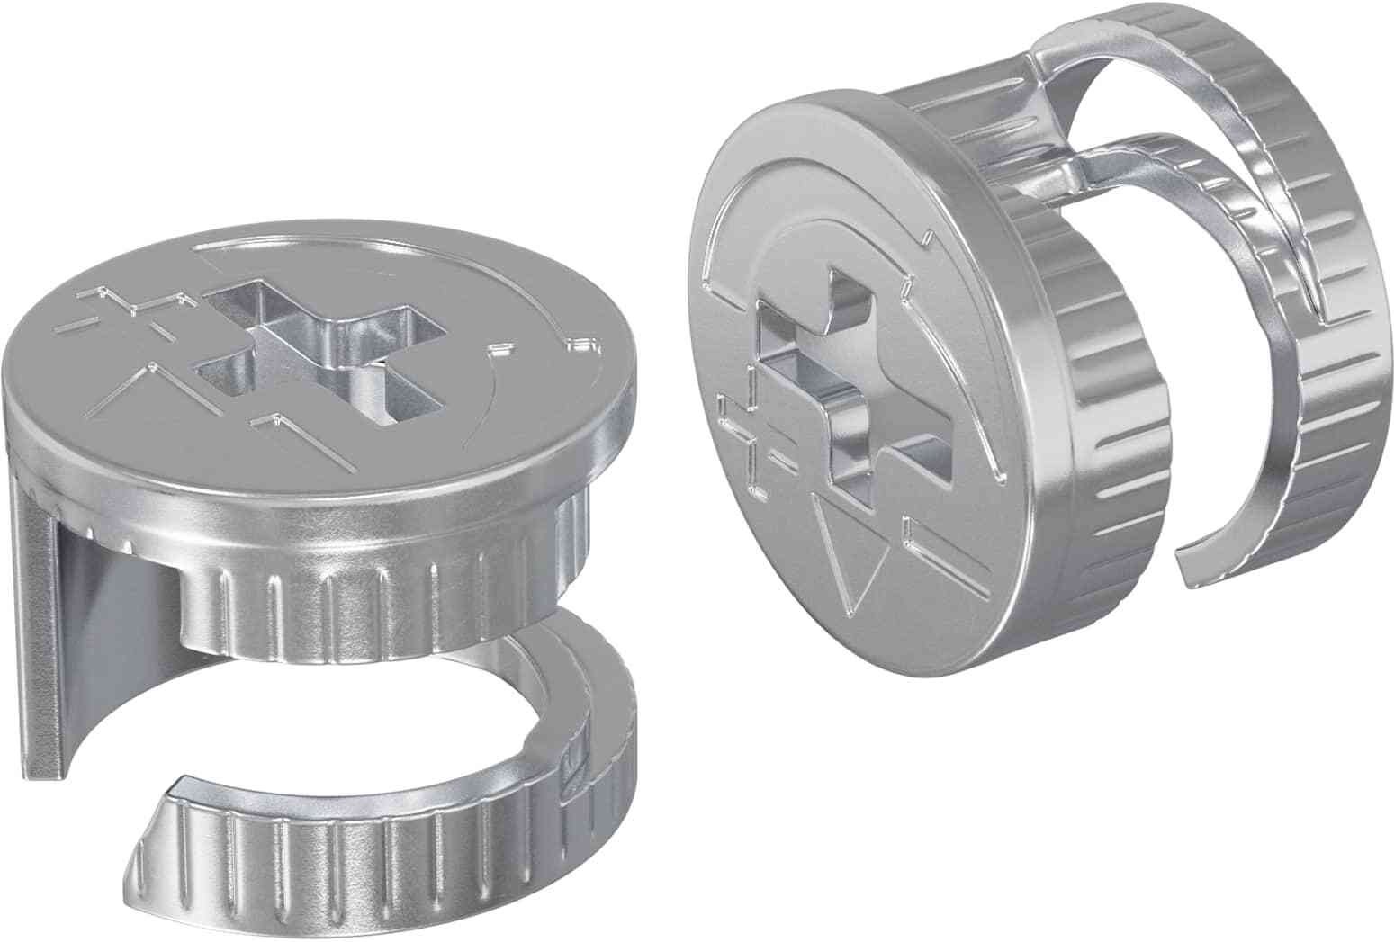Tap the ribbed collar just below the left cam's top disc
coord(405,594)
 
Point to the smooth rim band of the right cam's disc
coord(972,504)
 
